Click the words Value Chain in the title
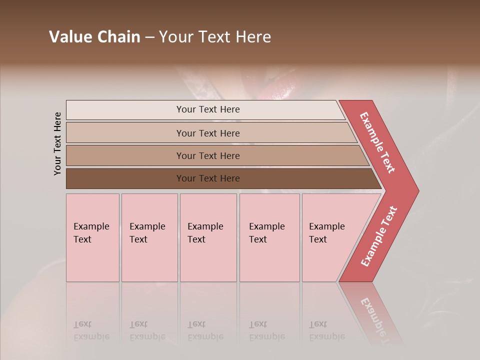point(94,37)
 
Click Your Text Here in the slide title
point(215,37)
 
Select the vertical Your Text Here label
point(58,143)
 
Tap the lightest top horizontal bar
point(125,110)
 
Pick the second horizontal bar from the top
point(125,133)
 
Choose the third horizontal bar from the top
point(125,155)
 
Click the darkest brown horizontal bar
point(125,178)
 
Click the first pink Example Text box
point(92,237)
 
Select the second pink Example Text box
point(149,237)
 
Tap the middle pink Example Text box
point(208,237)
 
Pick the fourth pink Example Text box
point(269,237)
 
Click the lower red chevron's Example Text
point(378,236)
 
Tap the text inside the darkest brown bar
point(208,178)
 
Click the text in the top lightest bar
point(208,109)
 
